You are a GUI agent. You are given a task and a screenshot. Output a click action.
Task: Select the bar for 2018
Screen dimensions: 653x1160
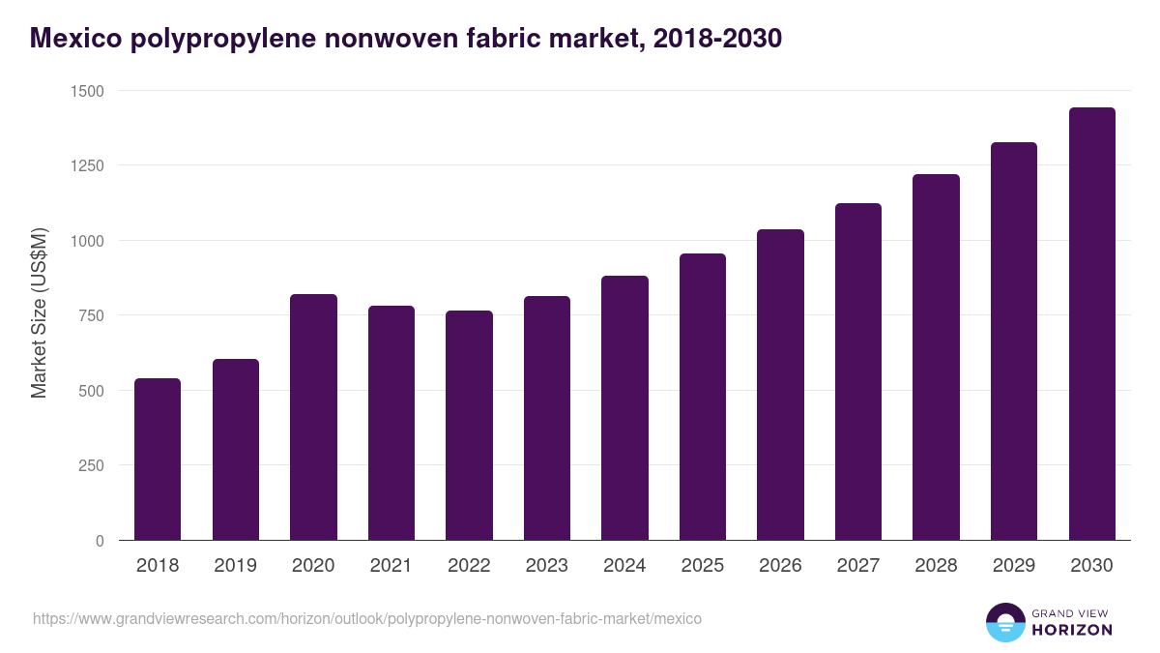(x=158, y=460)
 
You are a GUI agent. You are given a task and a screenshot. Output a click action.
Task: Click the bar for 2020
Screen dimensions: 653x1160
(x=313, y=417)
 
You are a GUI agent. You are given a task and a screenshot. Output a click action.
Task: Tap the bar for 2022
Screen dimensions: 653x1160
(x=469, y=426)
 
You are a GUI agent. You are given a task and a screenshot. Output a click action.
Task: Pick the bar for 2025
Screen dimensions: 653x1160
(x=703, y=397)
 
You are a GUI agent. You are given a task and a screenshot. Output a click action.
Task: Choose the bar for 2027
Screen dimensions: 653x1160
(x=858, y=371)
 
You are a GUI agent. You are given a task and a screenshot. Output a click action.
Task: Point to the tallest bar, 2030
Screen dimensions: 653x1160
(x=1091, y=324)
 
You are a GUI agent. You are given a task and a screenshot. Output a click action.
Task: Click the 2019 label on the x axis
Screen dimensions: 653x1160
(x=235, y=566)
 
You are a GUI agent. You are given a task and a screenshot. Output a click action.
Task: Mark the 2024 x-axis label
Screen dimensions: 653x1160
(x=624, y=566)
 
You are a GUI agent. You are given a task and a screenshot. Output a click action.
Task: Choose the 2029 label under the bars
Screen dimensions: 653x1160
(x=1014, y=566)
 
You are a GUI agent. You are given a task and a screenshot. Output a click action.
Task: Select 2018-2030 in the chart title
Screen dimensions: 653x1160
(x=717, y=39)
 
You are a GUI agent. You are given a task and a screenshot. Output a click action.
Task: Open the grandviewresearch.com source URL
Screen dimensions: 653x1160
(x=367, y=618)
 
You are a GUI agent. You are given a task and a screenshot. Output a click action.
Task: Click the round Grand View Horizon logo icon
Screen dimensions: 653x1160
(x=1004, y=622)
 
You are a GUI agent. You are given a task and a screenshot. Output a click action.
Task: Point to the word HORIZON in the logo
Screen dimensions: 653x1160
(x=1071, y=630)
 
